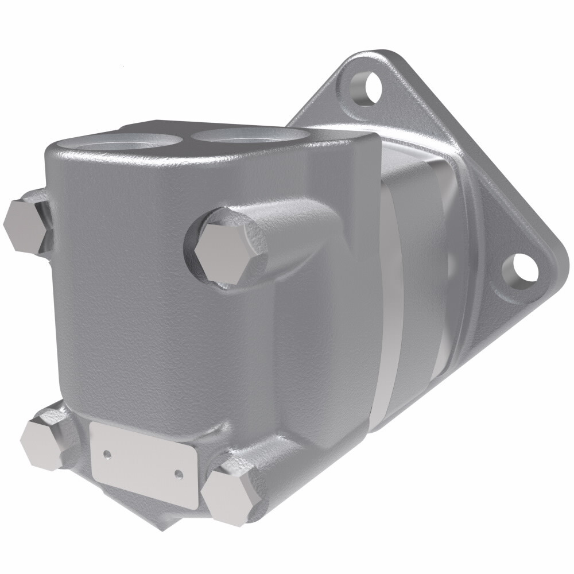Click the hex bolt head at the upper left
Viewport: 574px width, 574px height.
point(25,224)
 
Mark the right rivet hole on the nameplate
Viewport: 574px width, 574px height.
point(179,474)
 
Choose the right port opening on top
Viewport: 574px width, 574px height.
point(247,137)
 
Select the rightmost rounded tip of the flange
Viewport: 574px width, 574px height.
point(560,258)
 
